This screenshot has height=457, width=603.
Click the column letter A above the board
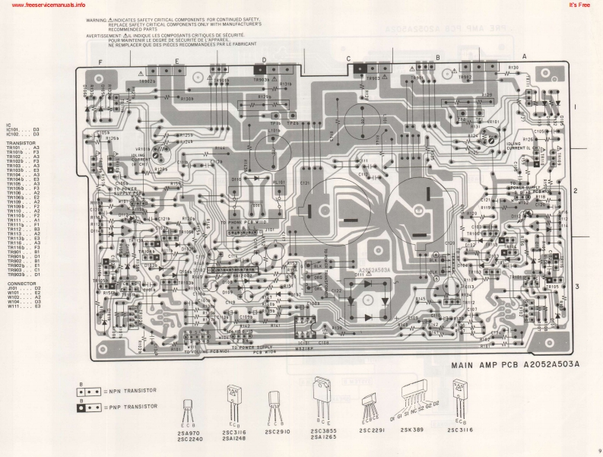524,57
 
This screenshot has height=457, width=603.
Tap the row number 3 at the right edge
576,286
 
